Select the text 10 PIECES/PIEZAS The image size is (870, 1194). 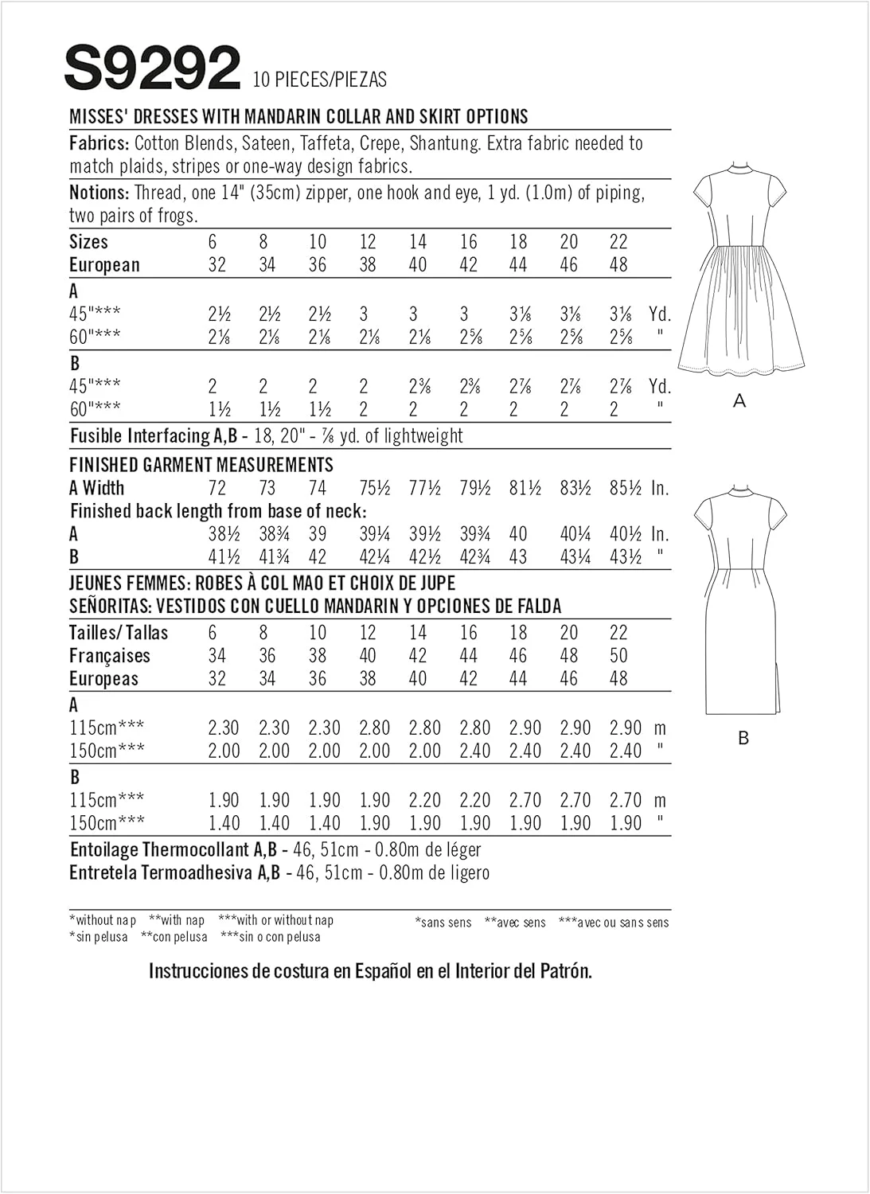pos(319,80)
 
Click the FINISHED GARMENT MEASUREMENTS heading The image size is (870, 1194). pos(201,465)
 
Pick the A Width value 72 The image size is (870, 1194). pos(217,489)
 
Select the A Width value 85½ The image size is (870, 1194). pos(626,489)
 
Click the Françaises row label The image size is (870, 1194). pos(110,656)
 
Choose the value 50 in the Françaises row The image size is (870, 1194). pos(618,656)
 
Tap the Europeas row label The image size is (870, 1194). pos(104,679)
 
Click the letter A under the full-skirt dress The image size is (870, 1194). pos(739,402)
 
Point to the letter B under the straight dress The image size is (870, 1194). pos(743,739)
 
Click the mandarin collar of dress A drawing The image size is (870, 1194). pos(739,169)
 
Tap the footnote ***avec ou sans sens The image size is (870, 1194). pos(614,923)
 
